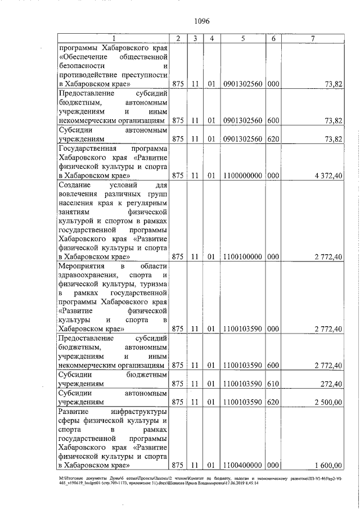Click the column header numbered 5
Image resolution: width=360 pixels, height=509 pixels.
click(242, 38)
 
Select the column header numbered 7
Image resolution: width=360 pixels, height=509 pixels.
click(313, 38)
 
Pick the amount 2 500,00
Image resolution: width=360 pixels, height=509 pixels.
click(328, 402)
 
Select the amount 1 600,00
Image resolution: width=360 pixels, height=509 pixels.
click(328, 465)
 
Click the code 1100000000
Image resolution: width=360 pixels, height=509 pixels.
click(242, 175)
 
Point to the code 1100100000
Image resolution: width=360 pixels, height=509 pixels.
click(242, 256)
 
